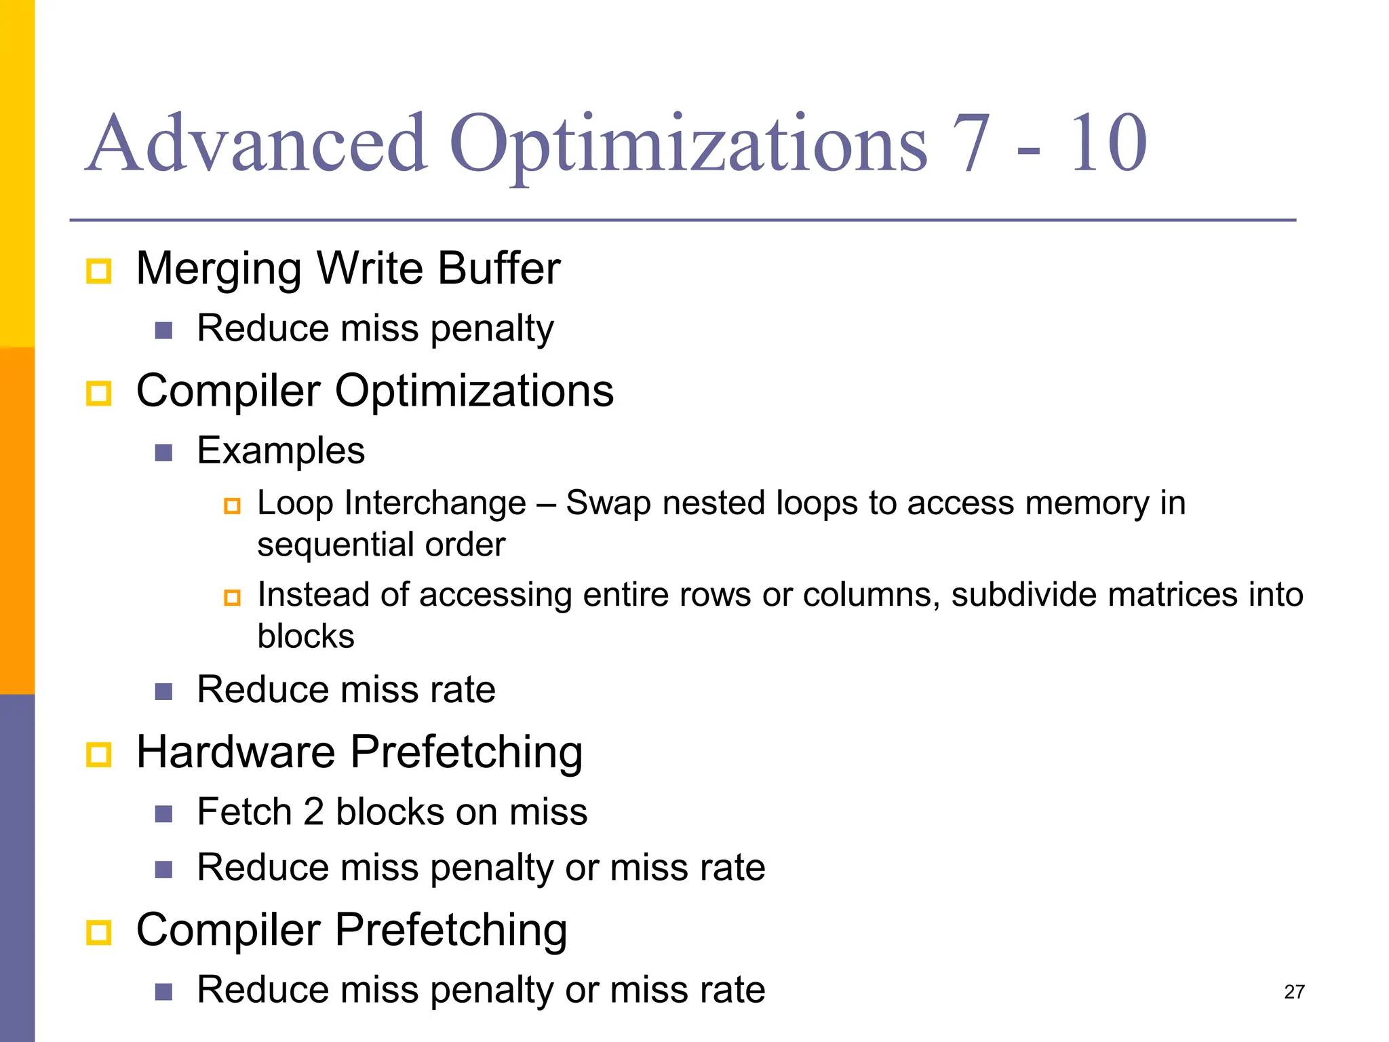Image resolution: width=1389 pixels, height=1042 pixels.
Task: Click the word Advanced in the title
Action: coord(258,144)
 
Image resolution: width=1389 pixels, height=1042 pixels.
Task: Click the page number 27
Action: coord(1294,992)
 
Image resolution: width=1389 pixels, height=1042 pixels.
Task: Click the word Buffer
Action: coord(498,268)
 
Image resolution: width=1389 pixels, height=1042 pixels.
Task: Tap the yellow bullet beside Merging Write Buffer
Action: coord(99,271)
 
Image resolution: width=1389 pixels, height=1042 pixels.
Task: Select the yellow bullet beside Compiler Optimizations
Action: coord(99,393)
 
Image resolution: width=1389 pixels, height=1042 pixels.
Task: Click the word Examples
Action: coord(281,451)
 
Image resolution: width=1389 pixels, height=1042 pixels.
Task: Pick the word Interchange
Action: coord(435,503)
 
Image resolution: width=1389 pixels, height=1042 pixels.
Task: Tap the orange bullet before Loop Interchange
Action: coord(232,506)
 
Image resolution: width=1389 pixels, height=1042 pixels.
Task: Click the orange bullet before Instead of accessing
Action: coord(232,598)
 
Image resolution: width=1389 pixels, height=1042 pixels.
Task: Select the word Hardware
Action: coord(236,752)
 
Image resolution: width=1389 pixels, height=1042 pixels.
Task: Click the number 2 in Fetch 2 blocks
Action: coord(313,812)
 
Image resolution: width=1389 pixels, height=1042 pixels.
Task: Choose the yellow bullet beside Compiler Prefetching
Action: coord(99,932)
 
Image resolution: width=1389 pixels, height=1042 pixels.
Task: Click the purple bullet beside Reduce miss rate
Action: coord(163,692)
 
